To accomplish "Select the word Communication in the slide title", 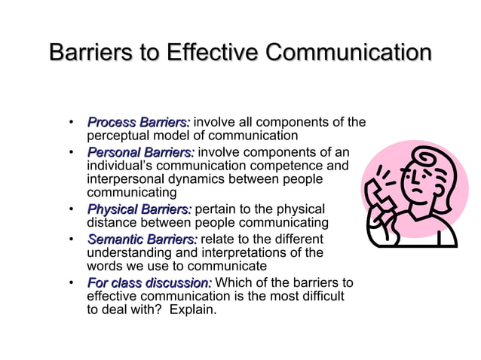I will click(x=349, y=54).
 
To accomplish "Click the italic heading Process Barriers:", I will click(x=139, y=122).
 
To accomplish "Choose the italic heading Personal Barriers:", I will click(x=140, y=151).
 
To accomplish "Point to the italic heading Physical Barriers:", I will click(x=139, y=209).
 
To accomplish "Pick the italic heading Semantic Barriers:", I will click(x=142, y=238).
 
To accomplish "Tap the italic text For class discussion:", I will click(x=149, y=282).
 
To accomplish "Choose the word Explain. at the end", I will click(x=193, y=310).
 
